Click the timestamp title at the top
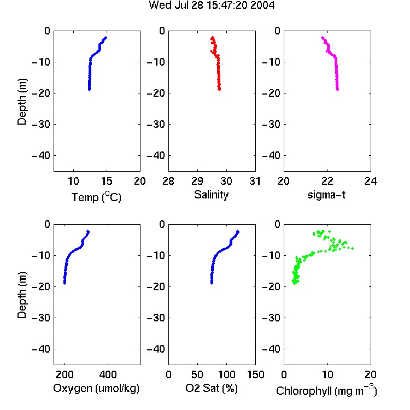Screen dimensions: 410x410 point(212,5)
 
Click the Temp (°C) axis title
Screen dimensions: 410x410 point(96,197)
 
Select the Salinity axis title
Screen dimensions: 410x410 point(211,195)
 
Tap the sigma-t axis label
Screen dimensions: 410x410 point(326,195)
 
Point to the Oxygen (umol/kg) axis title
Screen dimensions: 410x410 point(96,388)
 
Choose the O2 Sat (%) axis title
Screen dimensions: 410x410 point(211,388)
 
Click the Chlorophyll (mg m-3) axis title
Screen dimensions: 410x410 point(326,390)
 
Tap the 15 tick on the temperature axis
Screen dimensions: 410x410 point(107,181)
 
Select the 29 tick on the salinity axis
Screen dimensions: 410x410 point(197,181)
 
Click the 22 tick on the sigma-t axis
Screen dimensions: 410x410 point(327,181)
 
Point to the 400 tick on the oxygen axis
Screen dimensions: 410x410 point(108,374)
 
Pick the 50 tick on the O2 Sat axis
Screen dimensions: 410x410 point(197,374)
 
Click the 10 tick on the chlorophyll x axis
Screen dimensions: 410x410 point(327,374)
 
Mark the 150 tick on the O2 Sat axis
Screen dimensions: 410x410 point(255,374)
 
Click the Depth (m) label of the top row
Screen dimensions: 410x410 point(22,102)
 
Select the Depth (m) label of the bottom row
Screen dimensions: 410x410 point(22,295)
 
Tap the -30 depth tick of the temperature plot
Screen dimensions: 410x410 point(41,124)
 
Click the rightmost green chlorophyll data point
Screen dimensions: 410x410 point(352,248)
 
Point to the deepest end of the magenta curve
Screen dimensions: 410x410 point(337,90)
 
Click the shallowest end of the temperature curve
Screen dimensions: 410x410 point(106,38)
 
